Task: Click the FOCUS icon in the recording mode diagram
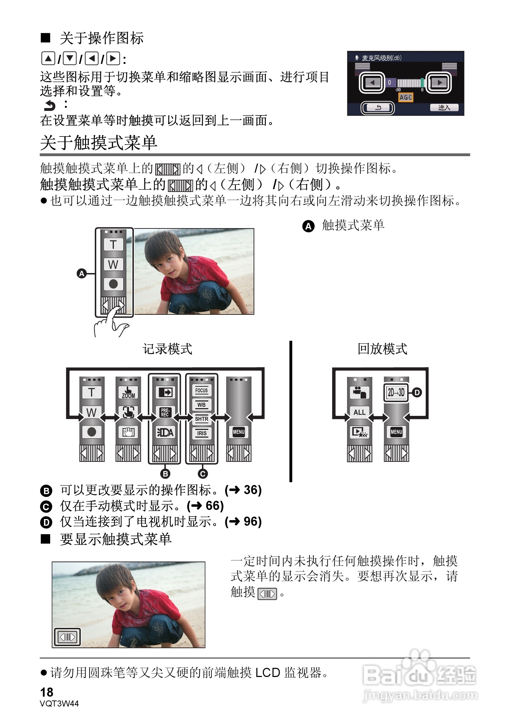pyautogui.click(x=201, y=390)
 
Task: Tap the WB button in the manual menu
pyautogui.click(x=201, y=405)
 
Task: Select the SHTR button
pyautogui.click(x=201, y=419)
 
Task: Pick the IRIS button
pyautogui.click(x=201, y=433)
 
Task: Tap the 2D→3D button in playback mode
pyautogui.click(x=396, y=392)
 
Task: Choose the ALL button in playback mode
pyautogui.click(x=359, y=412)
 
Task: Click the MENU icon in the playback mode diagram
pyautogui.click(x=396, y=432)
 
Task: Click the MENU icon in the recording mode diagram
pyautogui.click(x=238, y=432)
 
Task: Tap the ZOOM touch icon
pyautogui.click(x=128, y=392)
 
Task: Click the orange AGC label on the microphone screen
pyautogui.click(x=405, y=98)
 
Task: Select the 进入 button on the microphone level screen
pyautogui.click(x=444, y=107)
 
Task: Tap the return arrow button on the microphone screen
pyautogui.click(x=378, y=108)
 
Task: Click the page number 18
pyautogui.click(x=47, y=692)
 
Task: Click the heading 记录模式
pyautogui.click(x=168, y=349)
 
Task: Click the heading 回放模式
pyautogui.click(x=382, y=349)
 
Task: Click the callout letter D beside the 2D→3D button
pyautogui.click(x=417, y=392)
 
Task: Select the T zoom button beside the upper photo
pyautogui.click(x=113, y=245)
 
